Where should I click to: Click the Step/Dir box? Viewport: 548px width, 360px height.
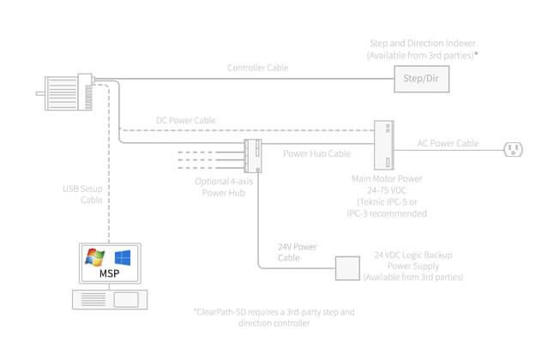pyautogui.click(x=420, y=80)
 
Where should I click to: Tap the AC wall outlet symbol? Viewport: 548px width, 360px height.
pyautogui.click(x=514, y=150)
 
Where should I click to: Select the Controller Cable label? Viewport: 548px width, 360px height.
pyautogui.click(x=257, y=68)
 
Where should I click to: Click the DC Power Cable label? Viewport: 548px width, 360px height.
pyautogui.click(x=185, y=120)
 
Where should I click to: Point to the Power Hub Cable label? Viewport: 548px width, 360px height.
pyautogui.click(x=316, y=154)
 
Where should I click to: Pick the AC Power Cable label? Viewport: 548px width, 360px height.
pyautogui.click(x=448, y=143)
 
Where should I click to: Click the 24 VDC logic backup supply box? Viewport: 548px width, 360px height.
pyautogui.click(x=346, y=268)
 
